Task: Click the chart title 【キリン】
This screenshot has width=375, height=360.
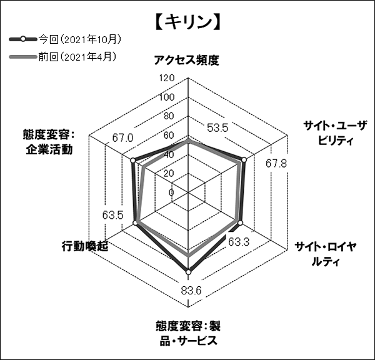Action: pos(187,22)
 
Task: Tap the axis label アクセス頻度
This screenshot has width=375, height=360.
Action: pos(186,60)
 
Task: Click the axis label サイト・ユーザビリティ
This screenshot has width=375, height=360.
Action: pos(335,132)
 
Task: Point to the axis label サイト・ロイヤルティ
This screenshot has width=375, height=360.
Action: pos(326,254)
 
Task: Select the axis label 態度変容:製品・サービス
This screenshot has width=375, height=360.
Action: pos(188,333)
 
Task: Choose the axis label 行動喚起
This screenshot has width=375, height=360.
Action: pos(85,246)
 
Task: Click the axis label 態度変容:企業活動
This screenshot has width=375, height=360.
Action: pos(49,142)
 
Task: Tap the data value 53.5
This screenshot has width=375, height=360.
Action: pos(217,128)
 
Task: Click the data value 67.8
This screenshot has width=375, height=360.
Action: pos(276,164)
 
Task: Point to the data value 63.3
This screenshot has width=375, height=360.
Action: pos(239,242)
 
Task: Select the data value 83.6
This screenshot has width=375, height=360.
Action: pos(191,291)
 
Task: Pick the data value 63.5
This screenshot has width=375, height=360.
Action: pos(113,214)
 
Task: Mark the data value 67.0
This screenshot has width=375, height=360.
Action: pos(123,138)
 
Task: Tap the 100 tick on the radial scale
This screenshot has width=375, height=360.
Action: pos(167,97)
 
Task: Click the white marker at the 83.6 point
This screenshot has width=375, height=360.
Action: pos(189,272)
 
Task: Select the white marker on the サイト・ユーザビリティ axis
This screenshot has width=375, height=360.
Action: pos(244,160)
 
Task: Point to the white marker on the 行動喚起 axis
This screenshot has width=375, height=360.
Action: pos(136,223)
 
